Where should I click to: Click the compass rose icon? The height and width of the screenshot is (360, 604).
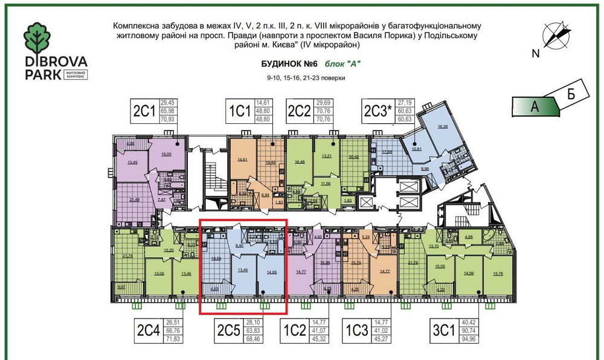pyautogui.click(x=555, y=34)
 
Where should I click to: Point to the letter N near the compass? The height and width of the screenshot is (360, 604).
pyautogui.click(x=535, y=53)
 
